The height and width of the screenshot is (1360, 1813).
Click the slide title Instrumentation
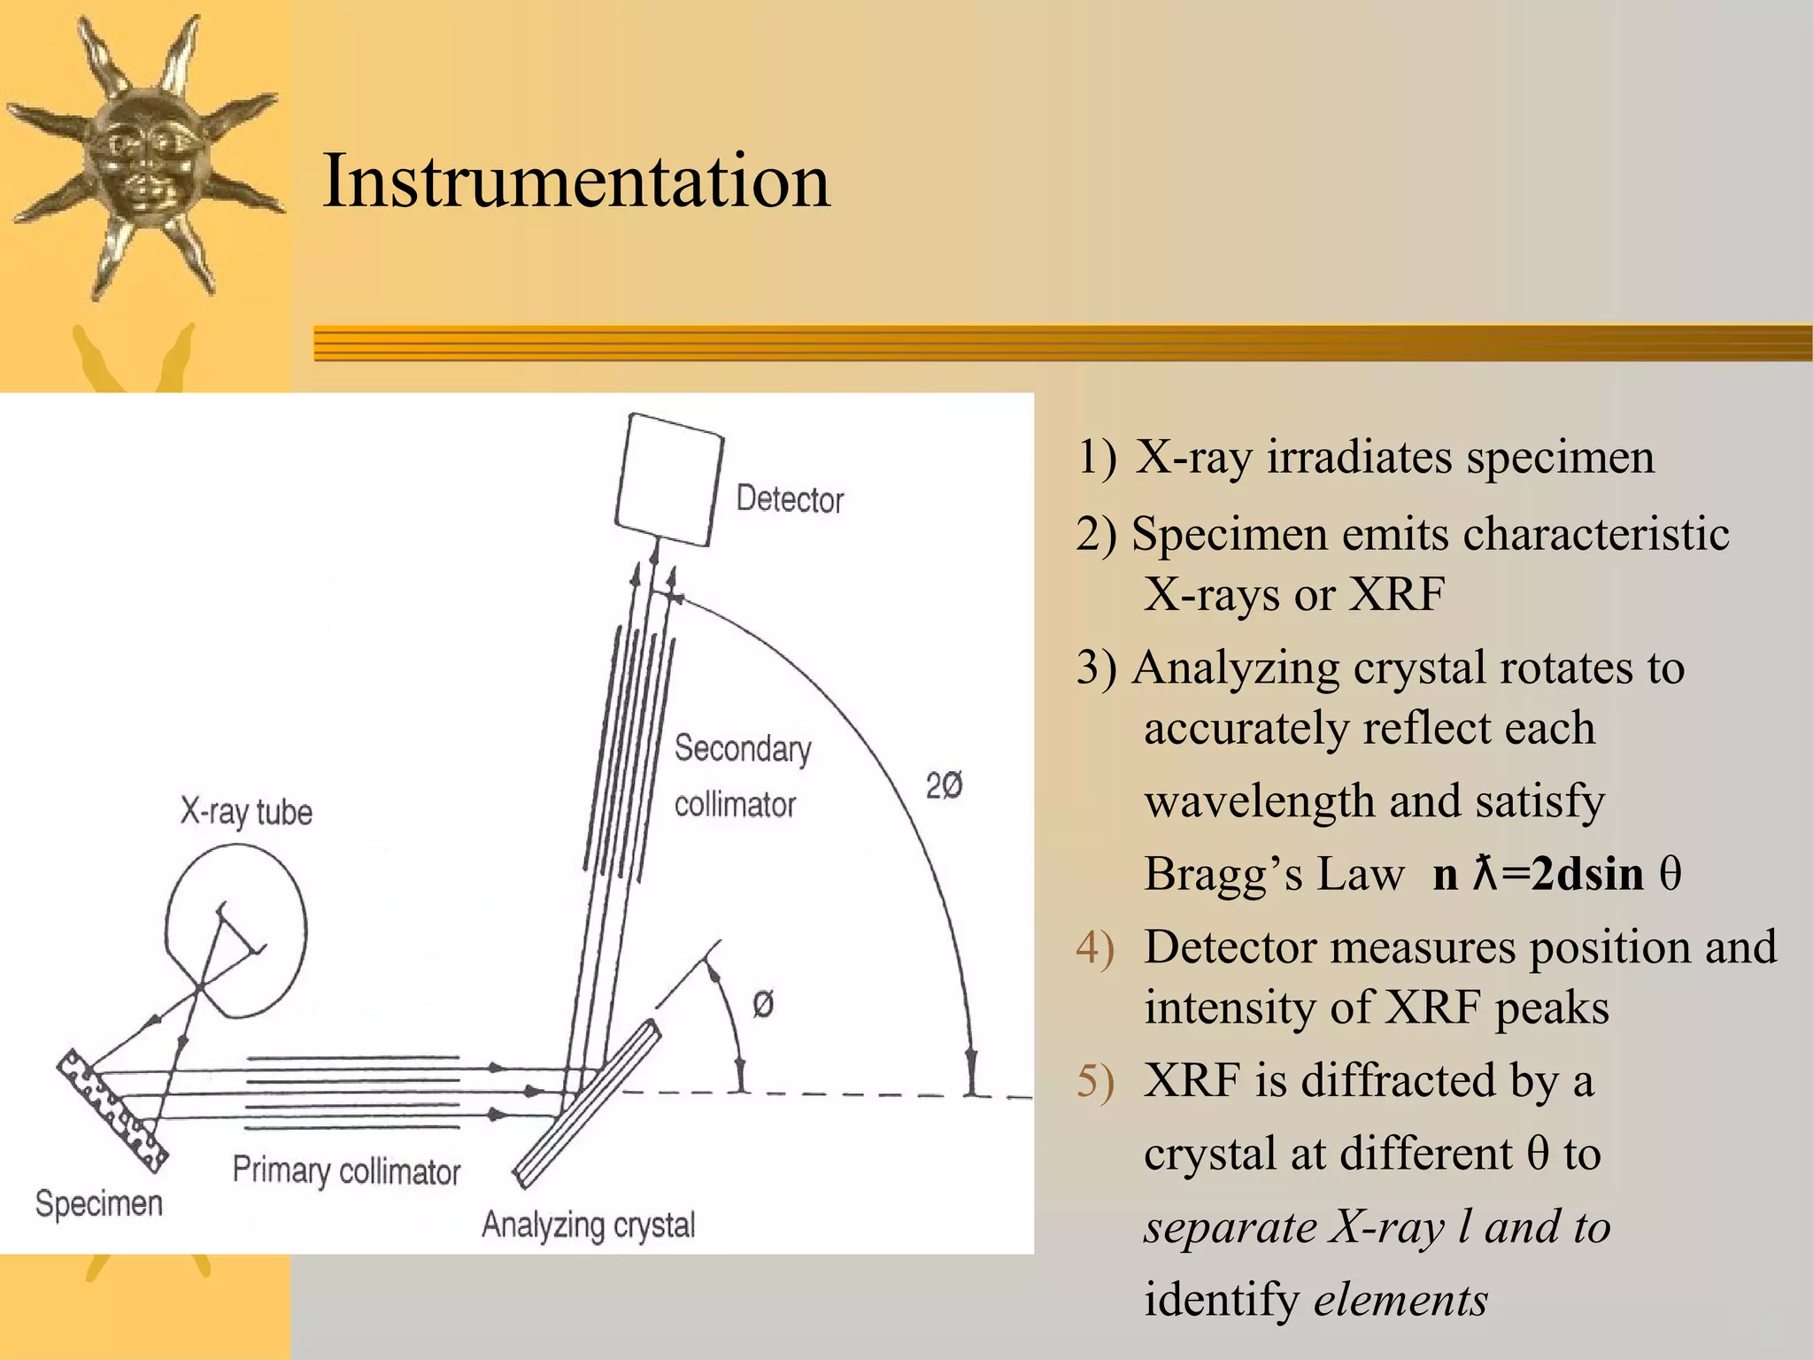pos(576,182)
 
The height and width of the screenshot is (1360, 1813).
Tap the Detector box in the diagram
pos(668,481)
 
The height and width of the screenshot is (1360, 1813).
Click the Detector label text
pos(790,499)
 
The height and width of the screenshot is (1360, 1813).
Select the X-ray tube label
pos(246,812)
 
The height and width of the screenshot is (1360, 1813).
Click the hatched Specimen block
pos(112,1110)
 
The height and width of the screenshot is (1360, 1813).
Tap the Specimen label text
pos(99,1203)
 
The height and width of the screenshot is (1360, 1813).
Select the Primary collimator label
pos(346,1171)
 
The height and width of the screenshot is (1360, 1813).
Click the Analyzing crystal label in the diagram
pos(588,1225)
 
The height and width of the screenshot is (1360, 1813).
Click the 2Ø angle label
pos(944,785)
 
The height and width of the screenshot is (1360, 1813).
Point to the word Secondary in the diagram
pos(742,749)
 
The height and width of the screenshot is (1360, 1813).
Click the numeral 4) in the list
pos(1095,947)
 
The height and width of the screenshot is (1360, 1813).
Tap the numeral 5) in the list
pos(1095,1081)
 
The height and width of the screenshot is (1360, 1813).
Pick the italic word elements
pos(1400,1300)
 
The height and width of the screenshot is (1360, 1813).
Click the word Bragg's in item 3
pos(1223,874)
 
